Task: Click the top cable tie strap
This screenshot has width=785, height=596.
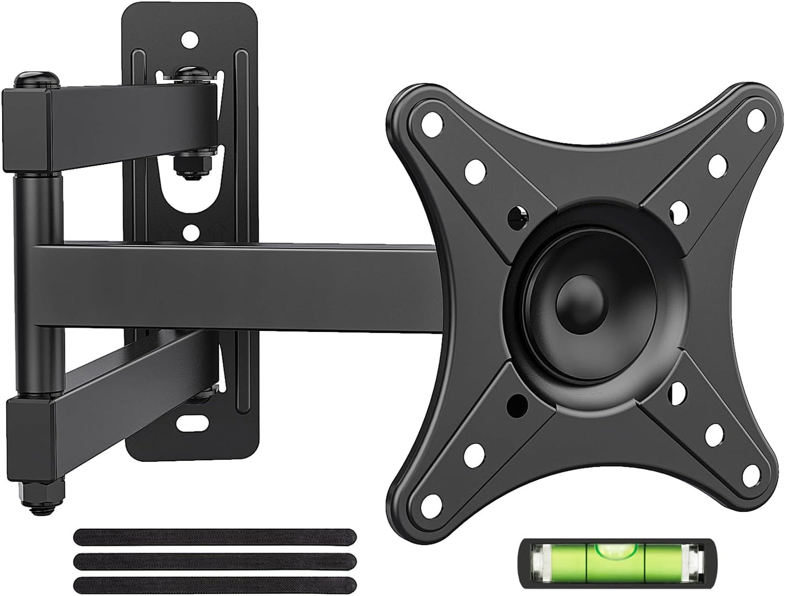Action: click(214, 536)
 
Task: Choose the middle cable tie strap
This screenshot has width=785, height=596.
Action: click(214, 560)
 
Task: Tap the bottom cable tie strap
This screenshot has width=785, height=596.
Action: click(214, 584)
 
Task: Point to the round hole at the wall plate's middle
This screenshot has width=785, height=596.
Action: click(190, 233)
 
